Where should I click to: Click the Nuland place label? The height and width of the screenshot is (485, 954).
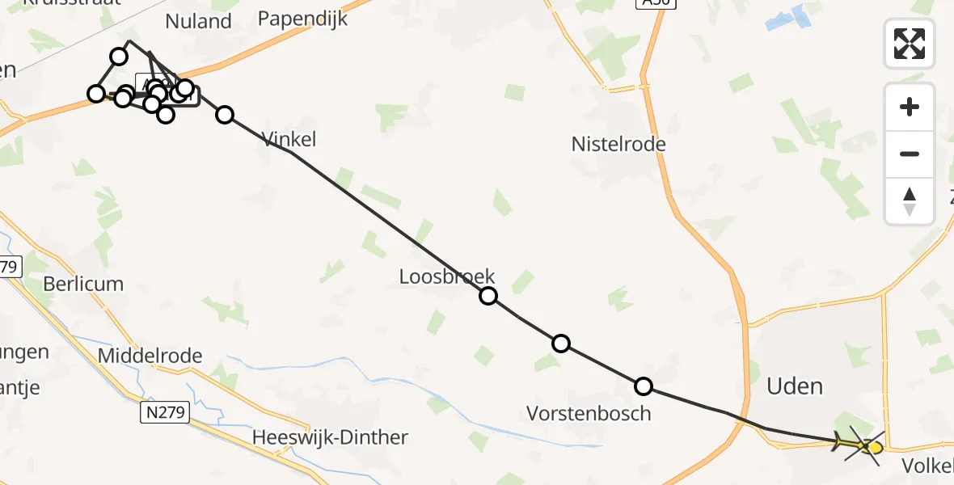[198, 21]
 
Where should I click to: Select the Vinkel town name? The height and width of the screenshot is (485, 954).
[289, 140]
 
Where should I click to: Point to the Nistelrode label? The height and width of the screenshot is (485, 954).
[618, 145]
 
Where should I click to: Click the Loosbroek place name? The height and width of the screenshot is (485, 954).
[447, 276]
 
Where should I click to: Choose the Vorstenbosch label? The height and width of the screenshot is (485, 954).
[589, 414]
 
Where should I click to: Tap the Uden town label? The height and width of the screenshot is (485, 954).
[795, 386]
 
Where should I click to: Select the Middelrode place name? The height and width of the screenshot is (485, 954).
[150, 356]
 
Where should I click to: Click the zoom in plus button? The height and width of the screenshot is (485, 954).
[910, 107]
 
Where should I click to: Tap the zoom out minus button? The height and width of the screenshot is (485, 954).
[910, 154]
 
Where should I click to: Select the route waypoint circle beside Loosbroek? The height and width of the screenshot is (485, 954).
[488, 296]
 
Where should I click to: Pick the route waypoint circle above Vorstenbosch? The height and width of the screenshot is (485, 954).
[644, 386]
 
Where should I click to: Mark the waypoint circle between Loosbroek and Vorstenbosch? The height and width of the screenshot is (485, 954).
[560, 344]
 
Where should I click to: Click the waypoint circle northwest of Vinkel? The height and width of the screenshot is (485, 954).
[225, 115]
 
